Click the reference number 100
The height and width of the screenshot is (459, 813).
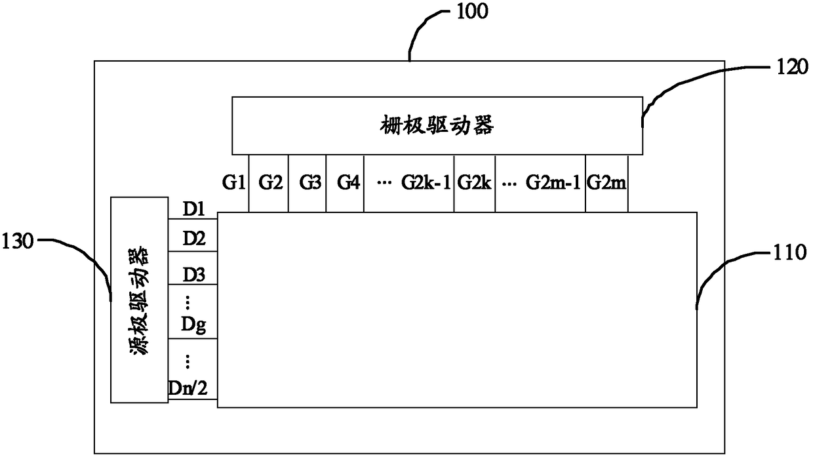472,12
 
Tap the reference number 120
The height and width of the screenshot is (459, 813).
792,67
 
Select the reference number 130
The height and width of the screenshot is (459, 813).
18,241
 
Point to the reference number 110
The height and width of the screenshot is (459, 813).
790,252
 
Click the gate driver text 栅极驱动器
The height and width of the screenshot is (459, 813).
437,125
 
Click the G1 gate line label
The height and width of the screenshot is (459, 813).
233,182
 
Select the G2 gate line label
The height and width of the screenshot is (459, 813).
270,182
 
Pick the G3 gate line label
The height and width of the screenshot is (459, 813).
310,182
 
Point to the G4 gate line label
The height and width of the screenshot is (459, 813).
348,182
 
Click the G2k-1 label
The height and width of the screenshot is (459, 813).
426,182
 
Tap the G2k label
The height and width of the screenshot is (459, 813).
475,182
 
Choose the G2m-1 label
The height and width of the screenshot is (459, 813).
553,182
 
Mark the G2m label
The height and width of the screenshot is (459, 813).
606,182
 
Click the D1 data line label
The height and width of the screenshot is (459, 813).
194,209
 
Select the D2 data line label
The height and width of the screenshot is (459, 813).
194,239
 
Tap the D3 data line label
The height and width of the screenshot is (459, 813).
194,275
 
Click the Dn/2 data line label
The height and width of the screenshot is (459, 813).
188,389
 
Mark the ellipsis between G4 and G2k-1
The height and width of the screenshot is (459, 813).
384,183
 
